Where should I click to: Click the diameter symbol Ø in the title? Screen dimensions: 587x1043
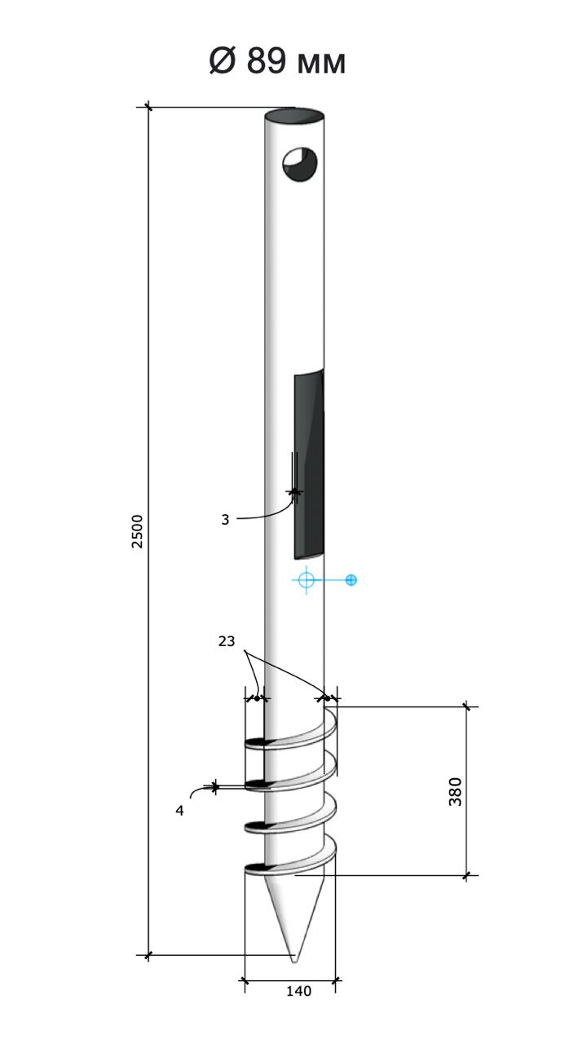[222, 60]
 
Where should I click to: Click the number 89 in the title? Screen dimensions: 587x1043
[266, 60]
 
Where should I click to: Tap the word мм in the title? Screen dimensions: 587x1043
[321, 64]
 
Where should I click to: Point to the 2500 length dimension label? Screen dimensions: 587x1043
[137, 531]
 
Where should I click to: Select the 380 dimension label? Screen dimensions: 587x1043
[455, 791]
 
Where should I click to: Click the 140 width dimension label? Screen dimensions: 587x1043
[298, 992]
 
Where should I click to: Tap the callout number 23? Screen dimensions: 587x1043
[227, 641]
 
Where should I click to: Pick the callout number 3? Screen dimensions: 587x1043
[226, 520]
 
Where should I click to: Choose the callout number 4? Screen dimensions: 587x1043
[180, 811]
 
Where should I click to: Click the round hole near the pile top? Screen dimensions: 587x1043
[299, 165]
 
